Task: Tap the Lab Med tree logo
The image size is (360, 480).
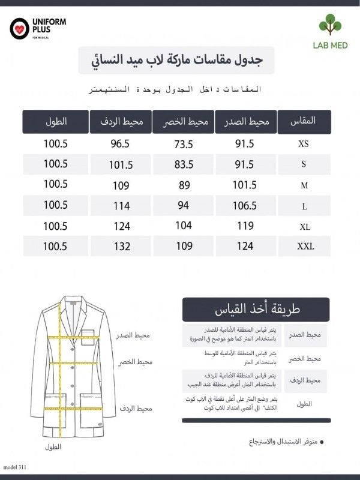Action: pos(329,26)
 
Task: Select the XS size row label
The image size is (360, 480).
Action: pos(304,145)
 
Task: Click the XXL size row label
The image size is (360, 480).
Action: pos(304,246)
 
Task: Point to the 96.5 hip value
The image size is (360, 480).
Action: pos(120,144)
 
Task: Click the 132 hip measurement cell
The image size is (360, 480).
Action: pos(121,246)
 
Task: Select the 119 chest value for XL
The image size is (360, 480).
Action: pos(245,227)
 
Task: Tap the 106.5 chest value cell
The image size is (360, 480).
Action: pos(245,206)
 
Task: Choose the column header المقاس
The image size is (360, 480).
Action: pos(303,122)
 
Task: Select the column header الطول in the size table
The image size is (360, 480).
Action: pos(55,122)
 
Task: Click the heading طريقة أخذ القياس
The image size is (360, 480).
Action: pos(248,310)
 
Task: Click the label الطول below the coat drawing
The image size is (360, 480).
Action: pos(53,446)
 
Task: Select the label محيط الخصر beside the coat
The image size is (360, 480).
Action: pos(135,362)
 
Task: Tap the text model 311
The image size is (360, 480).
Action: pos(15,467)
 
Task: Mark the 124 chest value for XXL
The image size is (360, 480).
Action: pos(245,246)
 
